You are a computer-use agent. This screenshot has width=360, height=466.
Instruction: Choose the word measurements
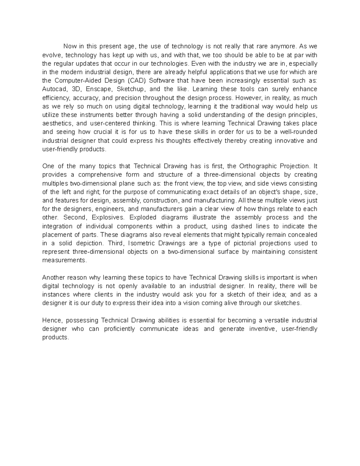point(64,260)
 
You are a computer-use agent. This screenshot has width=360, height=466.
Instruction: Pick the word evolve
point(52,55)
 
